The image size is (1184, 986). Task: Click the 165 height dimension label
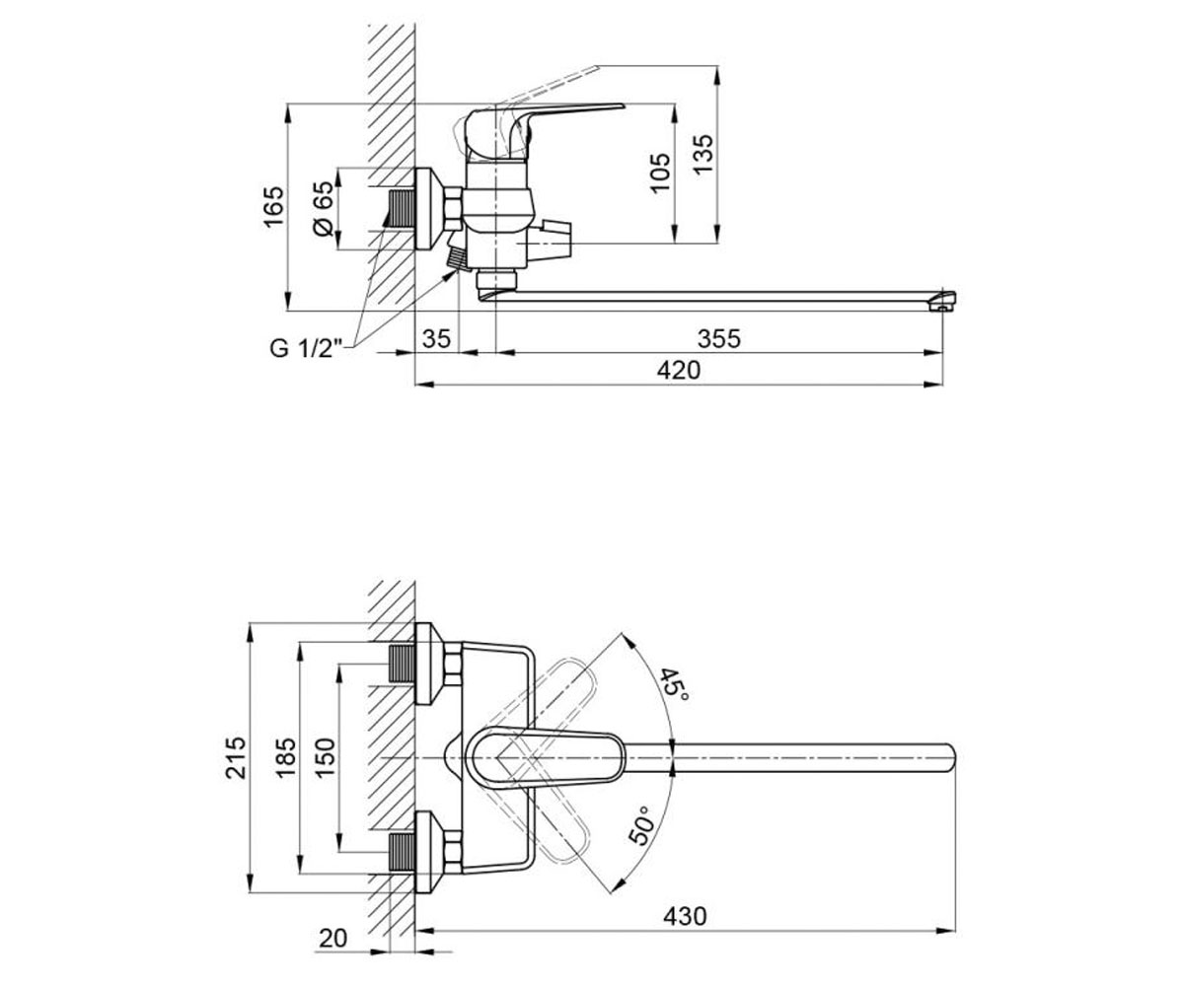pos(274,207)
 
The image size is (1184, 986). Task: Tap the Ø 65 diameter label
pos(323,208)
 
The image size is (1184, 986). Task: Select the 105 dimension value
pos(660,173)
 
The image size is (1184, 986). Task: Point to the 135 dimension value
pos(703,154)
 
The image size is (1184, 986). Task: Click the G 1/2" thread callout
pos(307,347)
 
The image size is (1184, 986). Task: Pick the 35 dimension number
pos(437,339)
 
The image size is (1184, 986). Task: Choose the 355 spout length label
pos(719,339)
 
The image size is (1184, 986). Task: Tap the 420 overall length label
pos(679,370)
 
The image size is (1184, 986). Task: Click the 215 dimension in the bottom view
pos(235,758)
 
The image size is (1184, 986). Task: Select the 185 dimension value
pos(285,758)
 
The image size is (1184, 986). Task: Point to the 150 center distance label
pos(325,758)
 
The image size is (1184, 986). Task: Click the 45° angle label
pos(675,684)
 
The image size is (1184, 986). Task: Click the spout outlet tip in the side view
pos(944,301)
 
